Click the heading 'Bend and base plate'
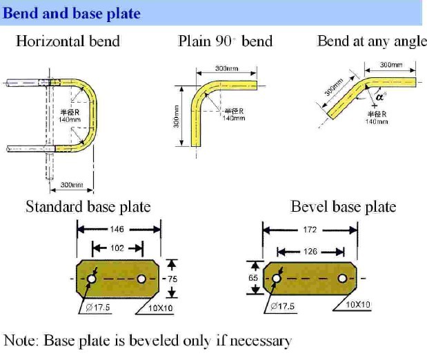tap(72, 13)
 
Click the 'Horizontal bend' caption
tap(68, 41)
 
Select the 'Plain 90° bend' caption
tap(225, 41)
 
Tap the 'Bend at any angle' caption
tap(372, 41)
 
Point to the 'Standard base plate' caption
tap(88, 206)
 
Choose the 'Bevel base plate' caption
tap(343, 206)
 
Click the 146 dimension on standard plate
tap(118, 229)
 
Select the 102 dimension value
tap(117, 247)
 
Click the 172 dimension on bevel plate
tap(310, 230)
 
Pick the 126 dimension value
tap(310, 252)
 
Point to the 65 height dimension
tap(254, 277)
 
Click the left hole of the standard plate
tap(90, 279)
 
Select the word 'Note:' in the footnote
tap(21, 340)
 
